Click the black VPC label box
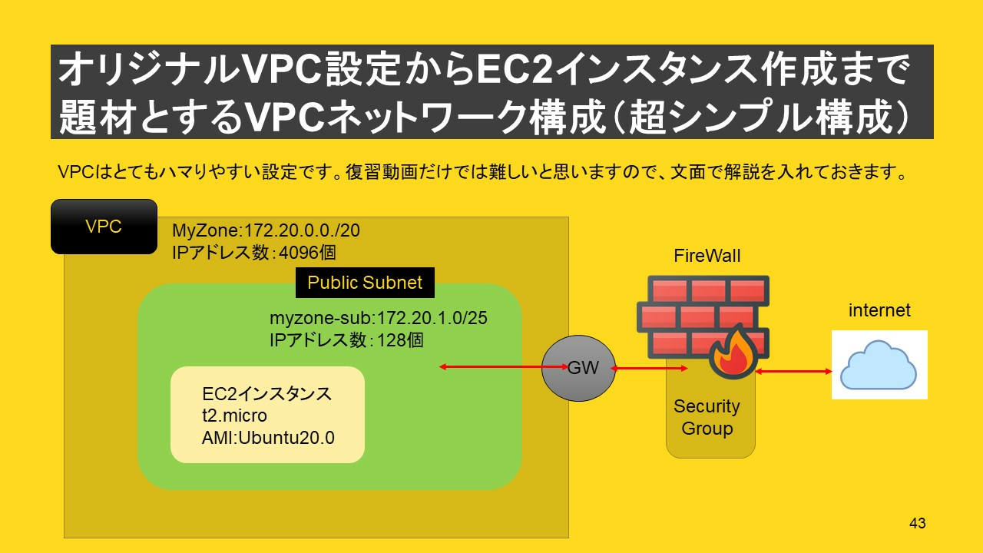(x=104, y=227)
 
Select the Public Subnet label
(x=365, y=283)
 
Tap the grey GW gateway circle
(x=578, y=368)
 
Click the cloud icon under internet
(x=879, y=365)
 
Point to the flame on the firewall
(x=733, y=352)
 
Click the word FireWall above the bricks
(x=707, y=256)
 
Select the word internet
(x=879, y=310)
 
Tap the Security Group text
(x=707, y=417)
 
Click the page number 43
(x=918, y=523)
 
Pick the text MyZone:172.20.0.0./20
(x=266, y=230)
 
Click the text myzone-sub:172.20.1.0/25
(x=379, y=318)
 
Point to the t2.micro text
(x=234, y=416)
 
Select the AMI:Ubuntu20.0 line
(x=268, y=438)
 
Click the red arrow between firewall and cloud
(x=793, y=372)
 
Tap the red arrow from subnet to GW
(x=504, y=367)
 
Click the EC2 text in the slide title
(x=515, y=69)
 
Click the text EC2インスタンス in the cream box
(x=266, y=394)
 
